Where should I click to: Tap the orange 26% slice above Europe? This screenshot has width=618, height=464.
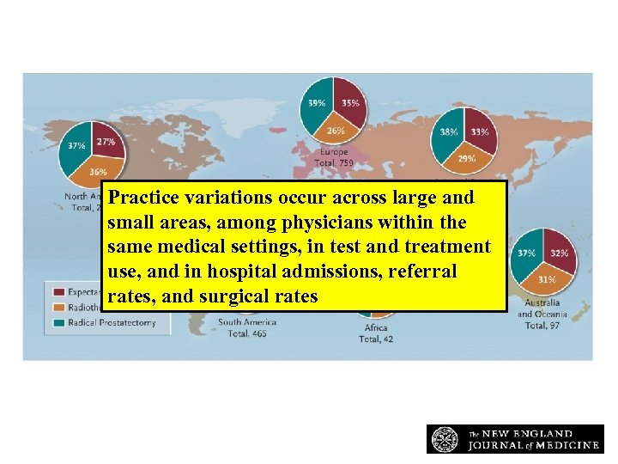click(334, 129)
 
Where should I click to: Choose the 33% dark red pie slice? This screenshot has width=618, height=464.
click(480, 131)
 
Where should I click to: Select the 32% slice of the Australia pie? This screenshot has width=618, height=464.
click(559, 253)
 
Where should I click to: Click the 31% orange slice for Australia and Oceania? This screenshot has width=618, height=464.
click(546, 279)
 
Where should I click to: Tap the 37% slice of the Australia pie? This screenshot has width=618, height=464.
click(525, 254)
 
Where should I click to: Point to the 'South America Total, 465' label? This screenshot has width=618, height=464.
click(248, 327)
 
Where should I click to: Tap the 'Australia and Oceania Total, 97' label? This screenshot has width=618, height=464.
click(550, 314)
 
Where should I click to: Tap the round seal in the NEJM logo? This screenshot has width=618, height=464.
click(445, 439)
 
